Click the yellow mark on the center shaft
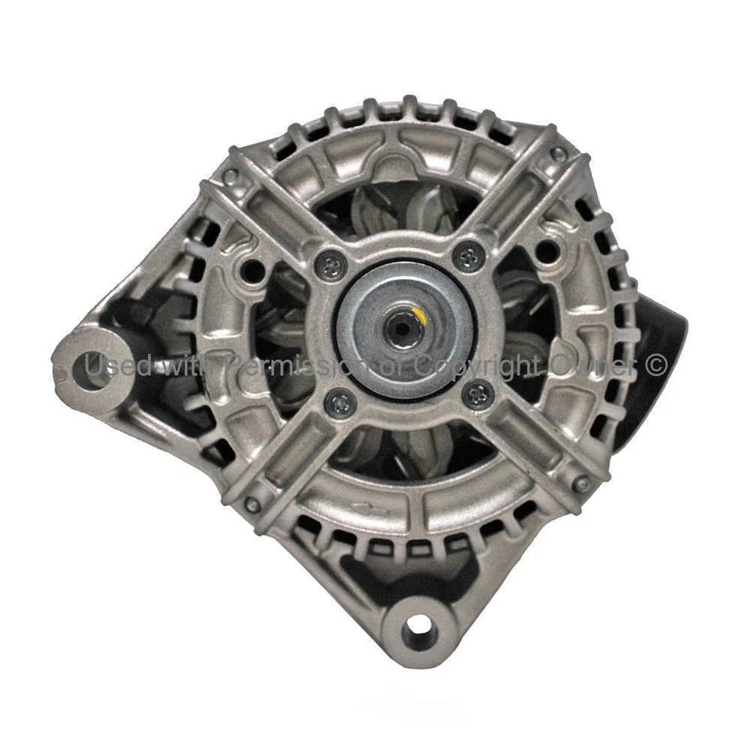(x=420, y=316)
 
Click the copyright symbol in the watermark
(x=656, y=364)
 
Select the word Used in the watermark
(x=117, y=365)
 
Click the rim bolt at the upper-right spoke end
(x=559, y=154)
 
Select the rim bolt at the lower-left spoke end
(x=252, y=505)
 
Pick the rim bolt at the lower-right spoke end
(x=581, y=484)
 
